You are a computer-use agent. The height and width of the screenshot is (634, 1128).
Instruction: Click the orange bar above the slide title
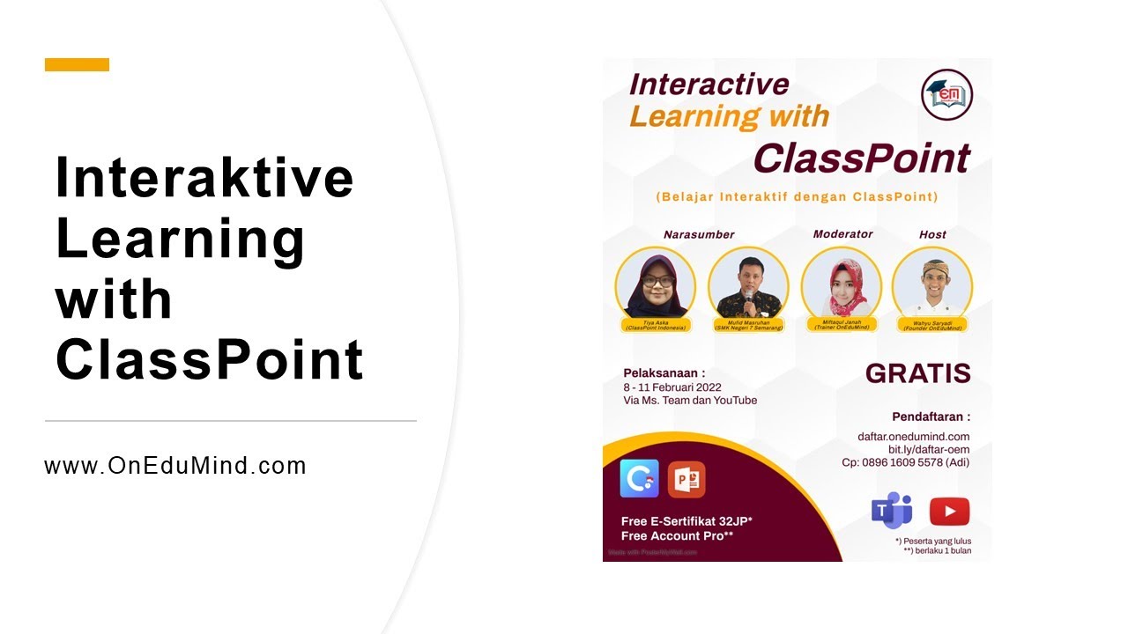(77, 64)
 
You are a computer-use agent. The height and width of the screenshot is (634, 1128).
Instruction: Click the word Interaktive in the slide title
(204, 177)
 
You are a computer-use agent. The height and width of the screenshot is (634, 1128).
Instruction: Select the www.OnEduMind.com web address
(175, 466)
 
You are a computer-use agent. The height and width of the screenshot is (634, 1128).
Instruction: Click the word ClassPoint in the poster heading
(861, 158)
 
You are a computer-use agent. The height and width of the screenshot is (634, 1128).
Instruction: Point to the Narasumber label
(699, 234)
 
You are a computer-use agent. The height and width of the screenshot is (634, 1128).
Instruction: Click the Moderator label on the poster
(842, 233)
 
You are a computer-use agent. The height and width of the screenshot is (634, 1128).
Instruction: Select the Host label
(932, 234)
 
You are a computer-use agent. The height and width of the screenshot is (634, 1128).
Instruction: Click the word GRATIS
(917, 373)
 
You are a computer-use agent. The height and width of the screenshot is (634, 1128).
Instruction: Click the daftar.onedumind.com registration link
(913, 437)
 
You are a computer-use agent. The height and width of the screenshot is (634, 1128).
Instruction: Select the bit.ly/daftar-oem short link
(928, 449)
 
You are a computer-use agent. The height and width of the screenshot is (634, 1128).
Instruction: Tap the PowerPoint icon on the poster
(686, 480)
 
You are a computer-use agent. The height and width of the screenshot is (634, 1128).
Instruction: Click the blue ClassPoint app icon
(640, 480)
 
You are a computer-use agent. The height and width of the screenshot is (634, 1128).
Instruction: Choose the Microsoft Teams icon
(892, 511)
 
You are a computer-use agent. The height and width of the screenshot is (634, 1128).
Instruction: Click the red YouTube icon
(949, 512)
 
